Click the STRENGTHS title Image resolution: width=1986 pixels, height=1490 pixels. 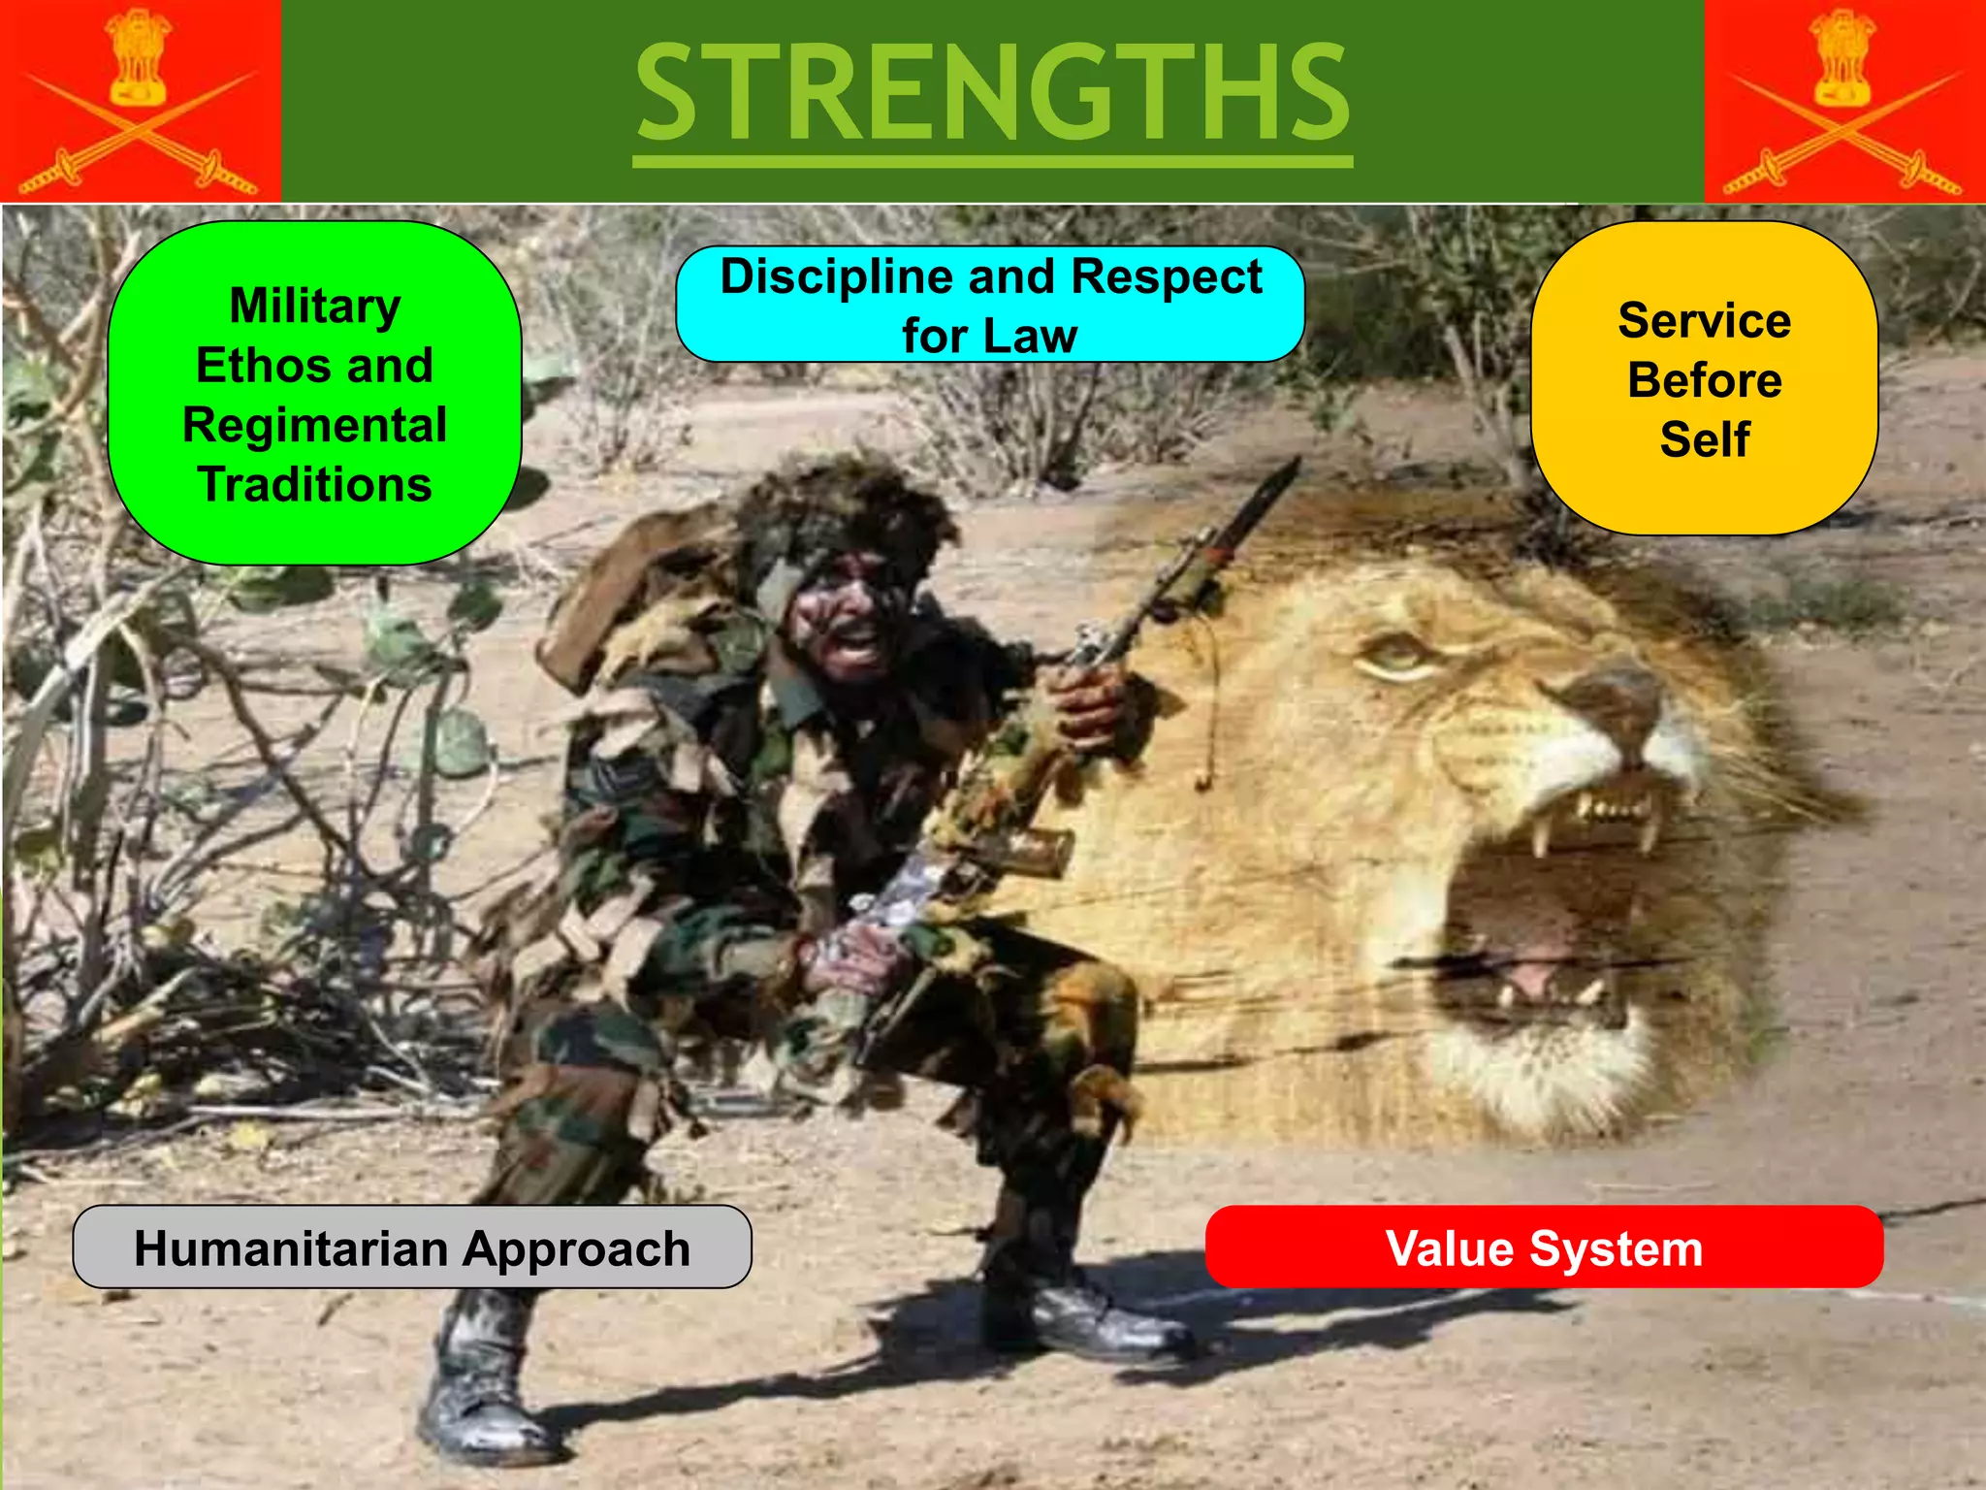[992, 94]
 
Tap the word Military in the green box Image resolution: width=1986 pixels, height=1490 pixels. [315, 306]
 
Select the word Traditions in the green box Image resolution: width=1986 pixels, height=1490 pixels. [315, 484]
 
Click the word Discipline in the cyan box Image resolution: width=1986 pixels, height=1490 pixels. [837, 276]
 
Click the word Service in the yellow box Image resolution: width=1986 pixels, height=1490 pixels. [1704, 321]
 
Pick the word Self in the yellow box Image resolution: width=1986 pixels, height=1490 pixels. [1704, 439]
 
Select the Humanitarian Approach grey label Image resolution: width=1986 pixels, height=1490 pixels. [412, 1247]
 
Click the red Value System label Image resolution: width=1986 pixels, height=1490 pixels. [1544, 1247]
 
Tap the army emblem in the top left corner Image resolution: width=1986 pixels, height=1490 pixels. [140, 97]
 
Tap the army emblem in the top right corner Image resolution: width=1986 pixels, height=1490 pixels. [1844, 97]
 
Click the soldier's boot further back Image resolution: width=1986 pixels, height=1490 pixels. [1086, 1310]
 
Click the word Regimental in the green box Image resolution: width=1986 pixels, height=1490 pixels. [315, 425]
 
